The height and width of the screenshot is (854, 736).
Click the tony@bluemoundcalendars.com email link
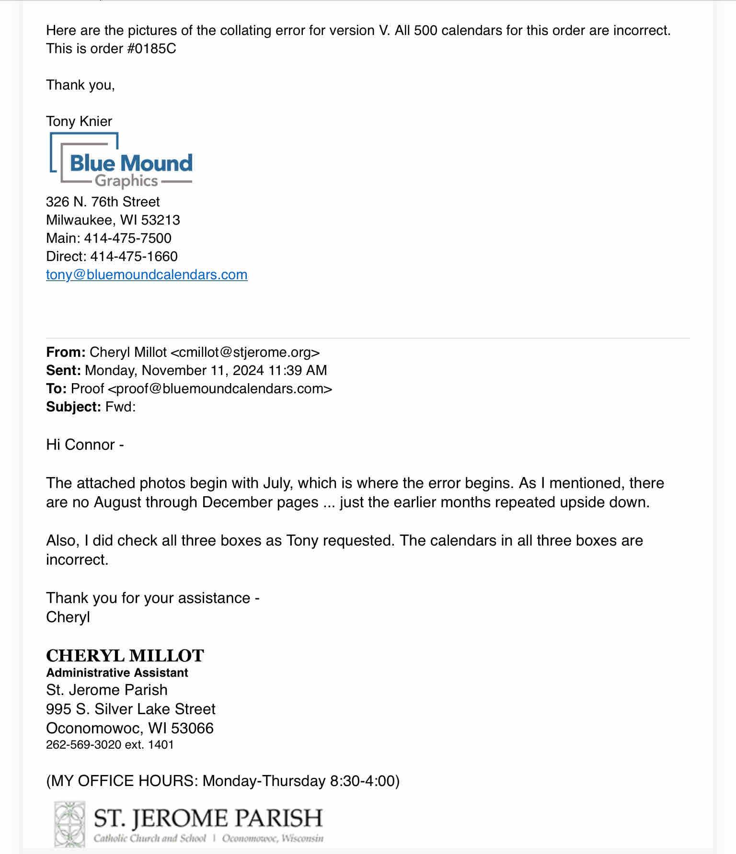click(147, 274)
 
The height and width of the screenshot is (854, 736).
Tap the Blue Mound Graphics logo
click(121, 160)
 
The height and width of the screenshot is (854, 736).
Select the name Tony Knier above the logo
click(79, 121)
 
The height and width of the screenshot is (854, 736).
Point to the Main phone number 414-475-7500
click(127, 238)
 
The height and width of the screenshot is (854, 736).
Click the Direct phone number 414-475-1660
click(134, 256)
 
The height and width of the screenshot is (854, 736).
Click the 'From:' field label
click(66, 352)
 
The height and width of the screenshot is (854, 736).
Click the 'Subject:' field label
click(73, 407)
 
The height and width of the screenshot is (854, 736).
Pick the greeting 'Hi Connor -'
click(85, 444)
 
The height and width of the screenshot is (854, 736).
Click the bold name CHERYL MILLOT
click(125, 655)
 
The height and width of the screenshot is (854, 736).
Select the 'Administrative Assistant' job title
click(117, 672)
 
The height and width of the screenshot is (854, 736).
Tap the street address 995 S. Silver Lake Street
click(131, 709)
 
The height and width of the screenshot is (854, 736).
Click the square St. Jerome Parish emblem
click(69, 824)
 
